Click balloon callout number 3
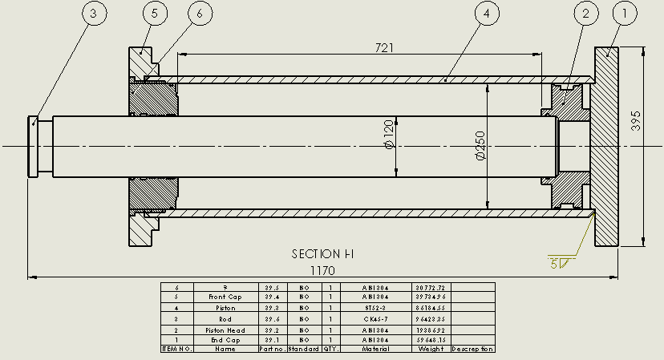tap(93, 14)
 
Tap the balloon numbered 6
tap(200, 14)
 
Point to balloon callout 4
tap(488, 14)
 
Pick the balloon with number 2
tap(586, 14)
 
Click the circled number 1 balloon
tap(626, 14)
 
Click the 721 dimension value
tap(385, 48)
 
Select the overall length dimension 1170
tap(323, 271)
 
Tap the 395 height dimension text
tap(636, 122)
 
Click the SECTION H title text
tap(322, 254)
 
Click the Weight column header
tap(431, 349)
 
